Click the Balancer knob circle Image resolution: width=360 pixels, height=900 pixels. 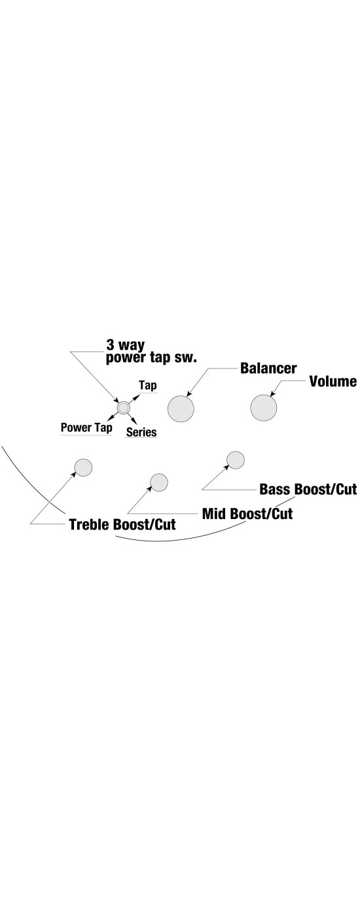pos(181,408)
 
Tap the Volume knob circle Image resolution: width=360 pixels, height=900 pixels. pos(264,408)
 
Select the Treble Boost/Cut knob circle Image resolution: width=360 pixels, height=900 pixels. pos(84,467)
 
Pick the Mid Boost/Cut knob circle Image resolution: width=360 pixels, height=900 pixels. pos(159,482)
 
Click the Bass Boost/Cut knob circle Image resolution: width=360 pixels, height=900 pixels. pos(236,460)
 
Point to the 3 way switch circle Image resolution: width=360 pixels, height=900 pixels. pos(123,408)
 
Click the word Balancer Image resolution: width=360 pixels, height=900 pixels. pos(268,368)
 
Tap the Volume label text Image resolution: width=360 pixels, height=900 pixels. pos(333,382)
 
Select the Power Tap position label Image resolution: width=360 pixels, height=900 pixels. pos(86,427)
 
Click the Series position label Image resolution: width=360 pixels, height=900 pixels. pos(141,432)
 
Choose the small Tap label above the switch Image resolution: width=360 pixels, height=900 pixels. pos(148,386)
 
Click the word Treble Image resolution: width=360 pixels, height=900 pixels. pos(90,524)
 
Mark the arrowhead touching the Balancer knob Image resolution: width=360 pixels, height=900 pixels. pos(189,395)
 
